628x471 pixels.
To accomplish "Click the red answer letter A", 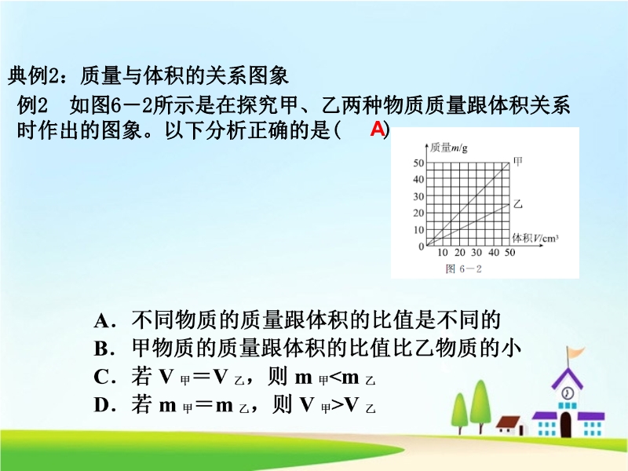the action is [378, 129].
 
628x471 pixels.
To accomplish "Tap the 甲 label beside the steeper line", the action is [518, 162].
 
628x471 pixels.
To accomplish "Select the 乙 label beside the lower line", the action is [518, 204].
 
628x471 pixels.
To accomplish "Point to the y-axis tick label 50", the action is [418, 162].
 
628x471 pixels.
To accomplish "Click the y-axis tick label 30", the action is [418, 196].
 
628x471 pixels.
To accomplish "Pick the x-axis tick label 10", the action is [443, 252].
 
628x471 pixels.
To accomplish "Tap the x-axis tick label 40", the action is [494, 252].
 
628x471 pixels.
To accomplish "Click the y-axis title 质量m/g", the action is [449, 148].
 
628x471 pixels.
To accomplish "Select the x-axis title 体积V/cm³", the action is [535, 238].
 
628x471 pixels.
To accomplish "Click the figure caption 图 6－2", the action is [463, 268].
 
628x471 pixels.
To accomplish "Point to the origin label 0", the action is [421, 246].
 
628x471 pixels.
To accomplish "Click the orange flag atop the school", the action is [576, 352].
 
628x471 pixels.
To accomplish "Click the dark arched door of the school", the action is [565, 425].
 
